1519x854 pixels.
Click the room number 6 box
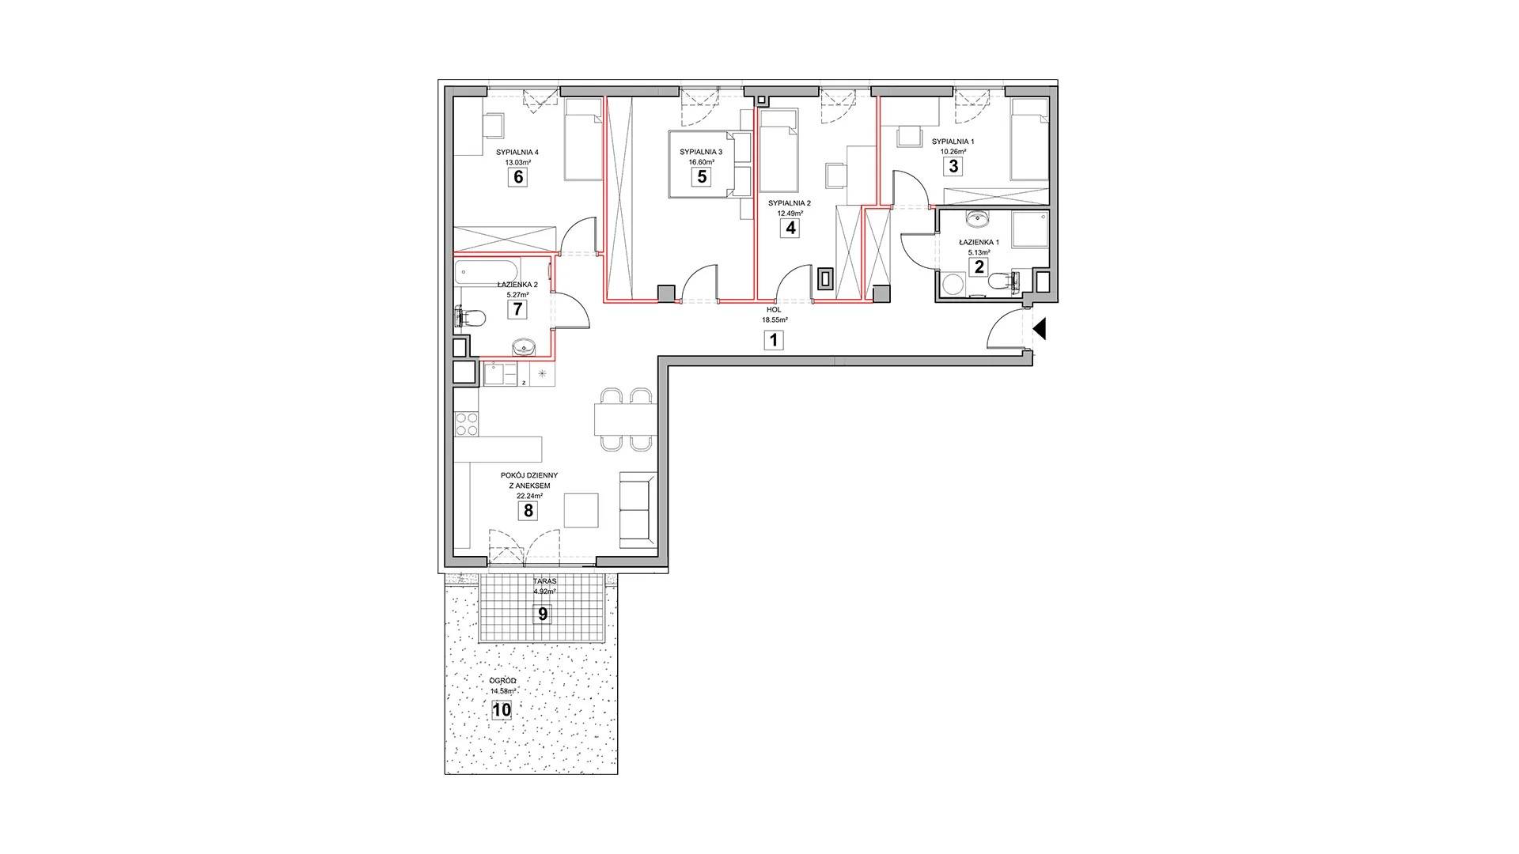[x=518, y=176]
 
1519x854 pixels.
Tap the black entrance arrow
[x=1040, y=328]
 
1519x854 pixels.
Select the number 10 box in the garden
[x=502, y=710]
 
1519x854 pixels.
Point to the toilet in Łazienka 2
[x=472, y=319]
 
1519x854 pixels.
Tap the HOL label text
[x=774, y=310]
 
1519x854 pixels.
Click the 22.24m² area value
[x=529, y=496]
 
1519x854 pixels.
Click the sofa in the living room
[x=638, y=509]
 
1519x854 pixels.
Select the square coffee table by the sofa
[x=581, y=509]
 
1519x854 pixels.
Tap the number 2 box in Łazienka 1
[x=979, y=266]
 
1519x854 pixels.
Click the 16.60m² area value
[x=700, y=161]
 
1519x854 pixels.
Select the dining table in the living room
[x=625, y=419]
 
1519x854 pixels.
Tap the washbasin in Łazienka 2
[x=524, y=346]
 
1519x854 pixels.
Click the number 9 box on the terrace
[x=543, y=614]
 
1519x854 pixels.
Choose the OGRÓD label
[x=503, y=681]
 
